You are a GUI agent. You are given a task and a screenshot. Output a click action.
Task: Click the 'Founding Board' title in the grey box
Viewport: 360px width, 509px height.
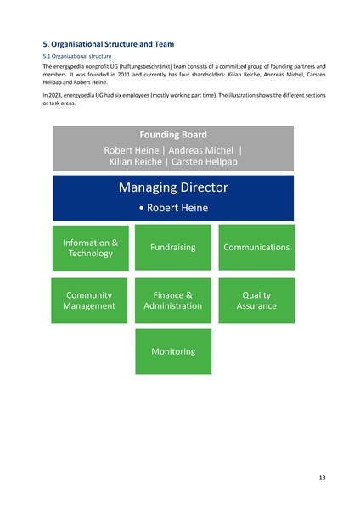[173, 134]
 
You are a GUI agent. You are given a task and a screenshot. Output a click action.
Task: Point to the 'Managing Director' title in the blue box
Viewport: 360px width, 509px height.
[173, 187]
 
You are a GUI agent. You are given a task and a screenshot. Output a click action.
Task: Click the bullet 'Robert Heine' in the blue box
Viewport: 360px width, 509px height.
[173, 208]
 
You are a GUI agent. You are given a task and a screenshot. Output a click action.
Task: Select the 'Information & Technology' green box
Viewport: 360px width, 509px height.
[90, 248]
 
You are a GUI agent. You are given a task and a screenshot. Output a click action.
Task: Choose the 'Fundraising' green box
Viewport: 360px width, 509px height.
[173, 248]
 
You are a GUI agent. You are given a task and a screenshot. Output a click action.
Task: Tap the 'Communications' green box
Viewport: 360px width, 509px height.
[256, 248]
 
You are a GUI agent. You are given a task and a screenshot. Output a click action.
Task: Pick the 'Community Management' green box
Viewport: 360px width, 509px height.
[90, 300]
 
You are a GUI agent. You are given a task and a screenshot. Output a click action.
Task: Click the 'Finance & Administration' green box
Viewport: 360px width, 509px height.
[173, 300]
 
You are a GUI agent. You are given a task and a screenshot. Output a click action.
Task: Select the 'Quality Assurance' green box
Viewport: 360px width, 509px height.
[256, 300]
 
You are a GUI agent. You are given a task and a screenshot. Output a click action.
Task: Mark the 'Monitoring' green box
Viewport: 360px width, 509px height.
[173, 351]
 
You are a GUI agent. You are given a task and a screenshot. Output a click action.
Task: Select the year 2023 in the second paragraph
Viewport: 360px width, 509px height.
[55, 96]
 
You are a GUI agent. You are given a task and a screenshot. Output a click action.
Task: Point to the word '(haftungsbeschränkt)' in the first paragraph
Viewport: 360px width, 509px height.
[150, 66]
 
